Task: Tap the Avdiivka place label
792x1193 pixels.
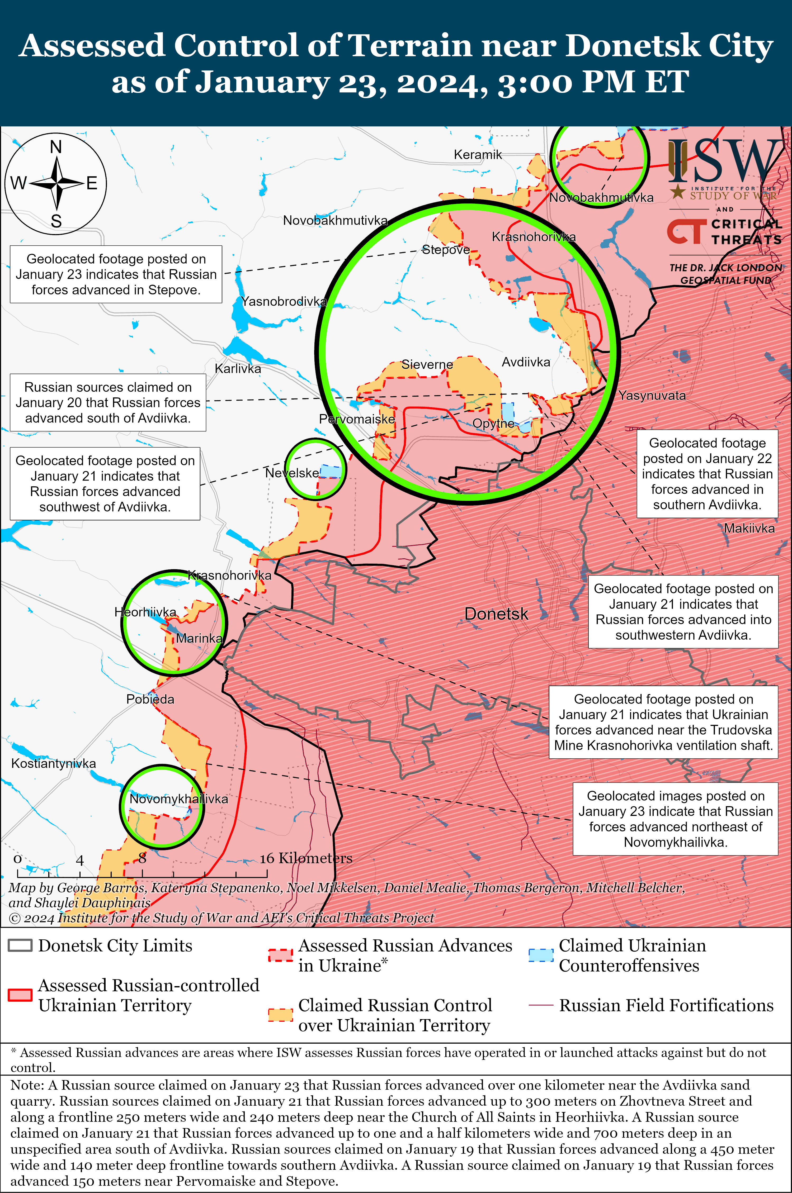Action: click(x=526, y=362)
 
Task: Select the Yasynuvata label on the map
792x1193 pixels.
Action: click(x=652, y=395)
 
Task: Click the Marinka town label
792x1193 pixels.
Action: click(x=199, y=638)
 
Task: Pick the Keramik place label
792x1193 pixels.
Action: click(x=478, y=154)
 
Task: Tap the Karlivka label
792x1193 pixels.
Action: click(x=238, y=369)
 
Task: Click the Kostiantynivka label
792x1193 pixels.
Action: click(x=54, y=763)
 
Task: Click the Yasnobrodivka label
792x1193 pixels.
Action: click(x=284, y=301)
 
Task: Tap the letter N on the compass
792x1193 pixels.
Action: click(x=56, y=147)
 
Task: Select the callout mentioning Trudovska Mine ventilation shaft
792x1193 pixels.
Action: click(x=663, y=722)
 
